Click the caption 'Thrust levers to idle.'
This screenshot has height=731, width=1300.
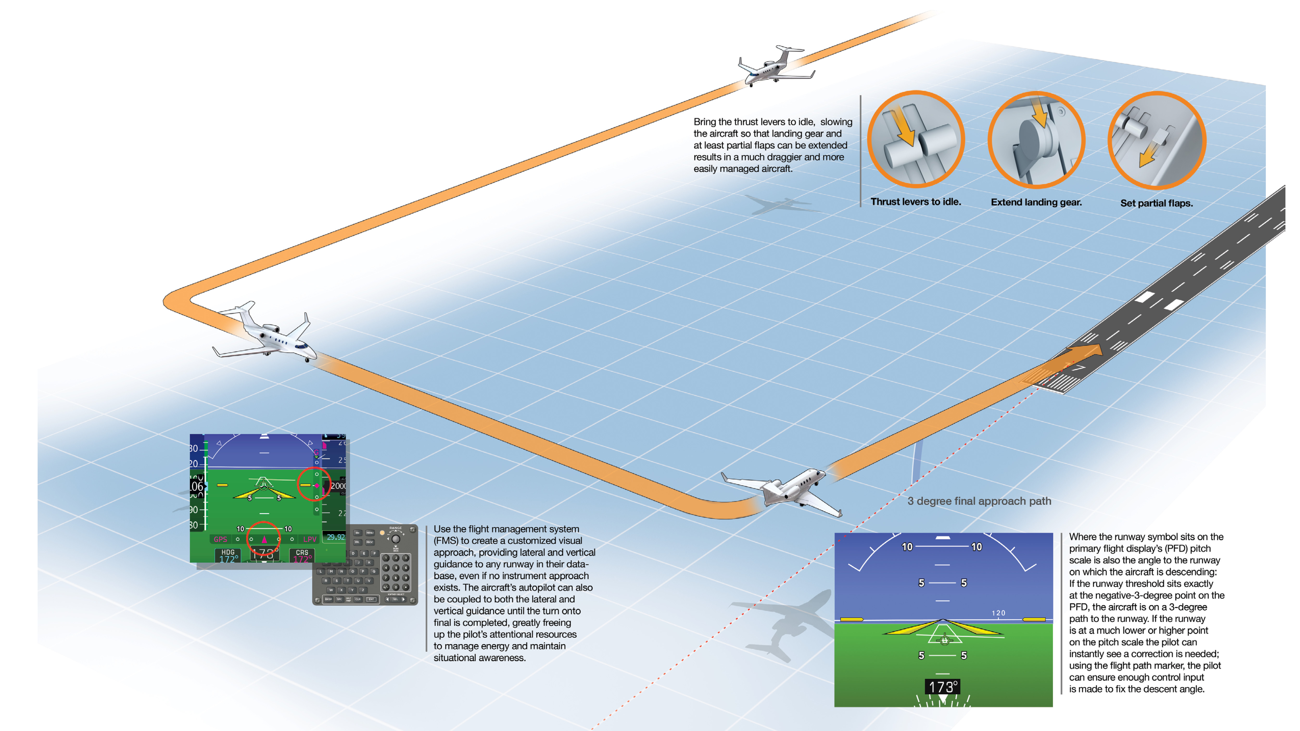(915, 202)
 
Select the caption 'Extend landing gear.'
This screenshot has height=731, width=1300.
(1036, 202)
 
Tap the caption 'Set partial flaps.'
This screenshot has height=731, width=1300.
(1156, 203)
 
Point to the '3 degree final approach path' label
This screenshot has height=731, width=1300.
(979, 501)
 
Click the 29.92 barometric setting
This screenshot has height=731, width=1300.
(335, 537)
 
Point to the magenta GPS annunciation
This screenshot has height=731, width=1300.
(220, 539)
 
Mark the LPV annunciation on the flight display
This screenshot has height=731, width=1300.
(309, 539)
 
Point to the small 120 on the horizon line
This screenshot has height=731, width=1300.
(998, 613)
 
